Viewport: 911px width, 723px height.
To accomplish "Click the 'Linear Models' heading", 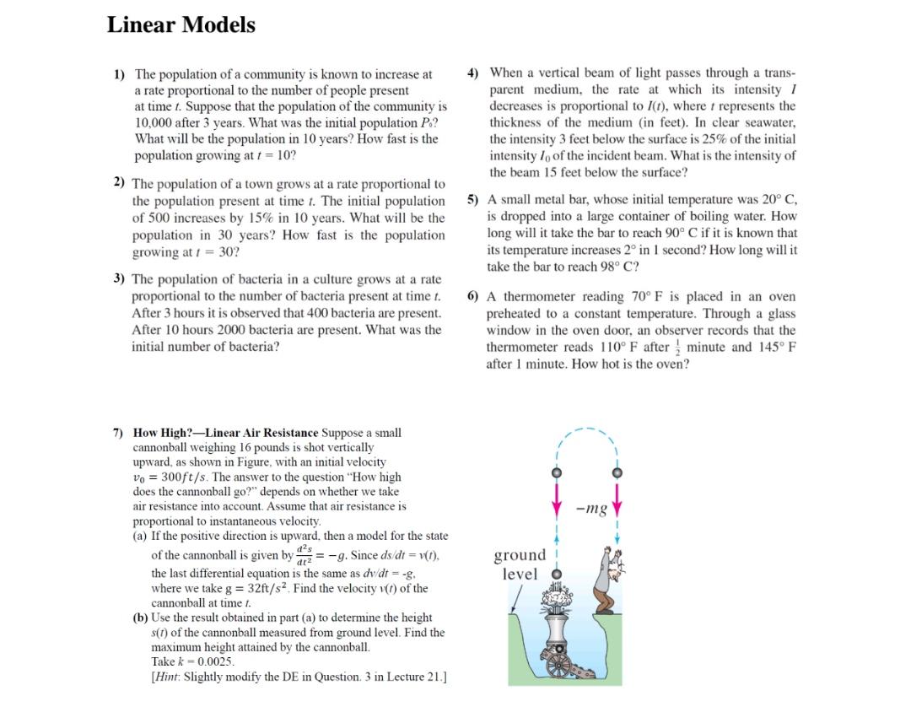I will pyautogui.click(x=181, y=25).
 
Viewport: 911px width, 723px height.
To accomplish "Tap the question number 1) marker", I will pyautogui.click(x=120, y=74).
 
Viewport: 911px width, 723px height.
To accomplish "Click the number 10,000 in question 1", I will pyautogui.click(x=156, y=123).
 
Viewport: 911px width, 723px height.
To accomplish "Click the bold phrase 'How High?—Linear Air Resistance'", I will pyautogui.click(x=226, y=433).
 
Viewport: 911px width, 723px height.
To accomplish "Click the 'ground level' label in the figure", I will pyautogui.click(x=520, y=564).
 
